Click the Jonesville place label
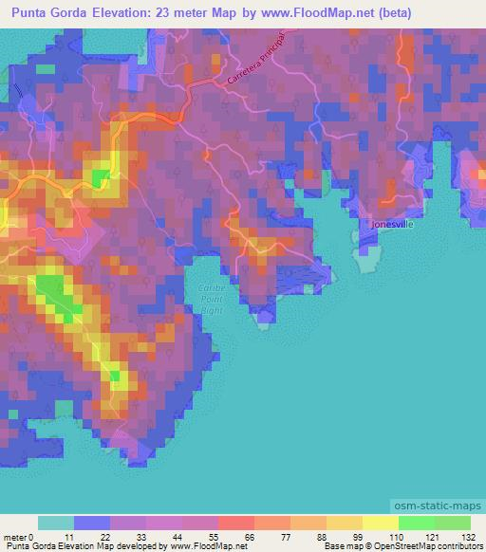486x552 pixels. pyautogui.click(x=391, y=225)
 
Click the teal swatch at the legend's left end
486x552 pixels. pyautogui.click(x=56, y=523)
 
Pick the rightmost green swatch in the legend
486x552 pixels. pyautogui.click(x=452, y=523)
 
